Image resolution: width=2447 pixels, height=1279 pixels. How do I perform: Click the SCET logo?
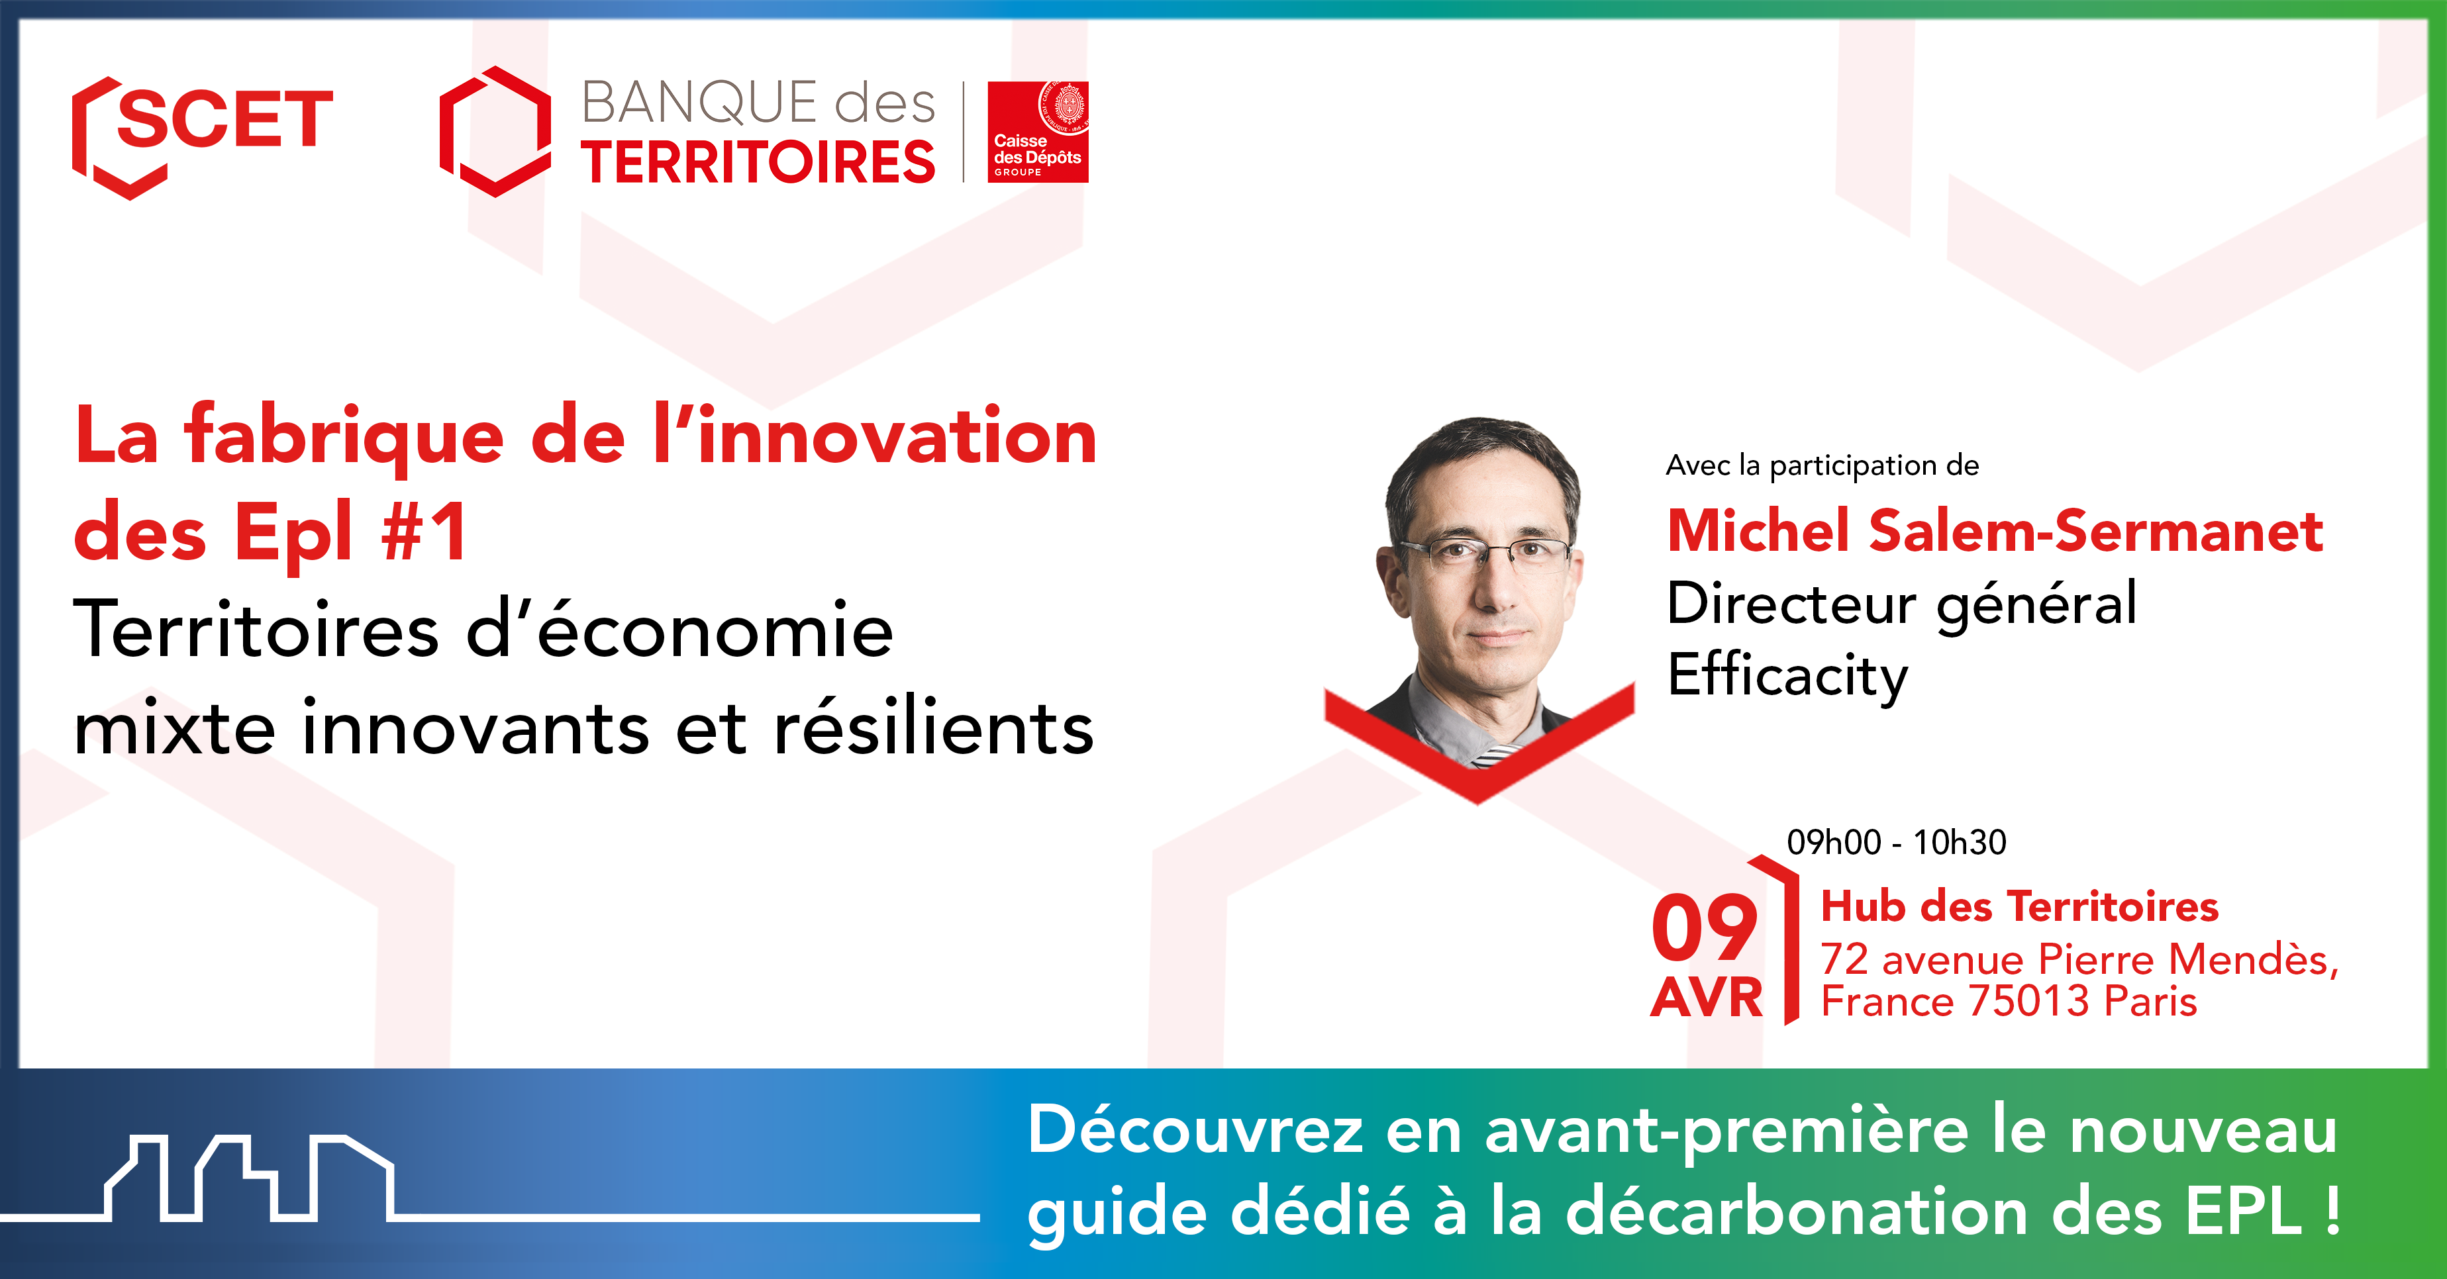click(x=203, y=136)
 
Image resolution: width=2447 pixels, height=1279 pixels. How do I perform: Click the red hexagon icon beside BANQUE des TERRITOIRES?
click(x=495, y=132)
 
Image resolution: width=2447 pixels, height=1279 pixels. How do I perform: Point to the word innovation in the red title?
click(x=898, y=437)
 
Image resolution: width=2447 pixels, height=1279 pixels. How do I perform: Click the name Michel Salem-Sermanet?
click(x=1995, y=531)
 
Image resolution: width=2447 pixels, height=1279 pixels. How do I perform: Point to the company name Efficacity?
click(x=1788, y=676)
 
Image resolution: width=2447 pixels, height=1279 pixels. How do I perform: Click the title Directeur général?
click(x=1902, y=604)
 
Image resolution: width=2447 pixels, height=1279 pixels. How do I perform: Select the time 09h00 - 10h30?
click(x=1896, y=842)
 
